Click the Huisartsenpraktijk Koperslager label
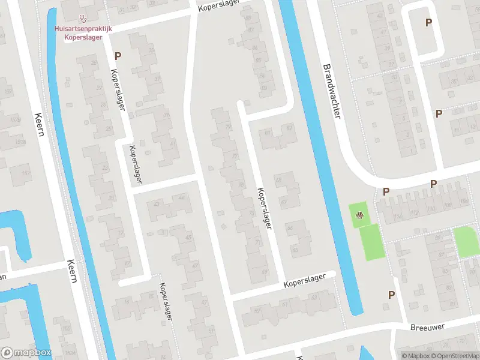pyautogui.click(x=83, y=32)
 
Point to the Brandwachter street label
pyautogui.click(x=331, y=91)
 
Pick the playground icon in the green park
pyautogui.click(x=359, y=216)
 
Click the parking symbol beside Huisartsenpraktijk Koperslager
pyautogui.click(x=118, y=56)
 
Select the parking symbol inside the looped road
pyautogui.click(x=428, y=23)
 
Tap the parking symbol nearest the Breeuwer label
pyautogui.click(x=391, y=295)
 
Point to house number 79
pyautogui.click(x=227, y=127)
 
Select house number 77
pyautogui.click(x=235, y=156)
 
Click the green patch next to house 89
pyautogui.click(x=466, y=242)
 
